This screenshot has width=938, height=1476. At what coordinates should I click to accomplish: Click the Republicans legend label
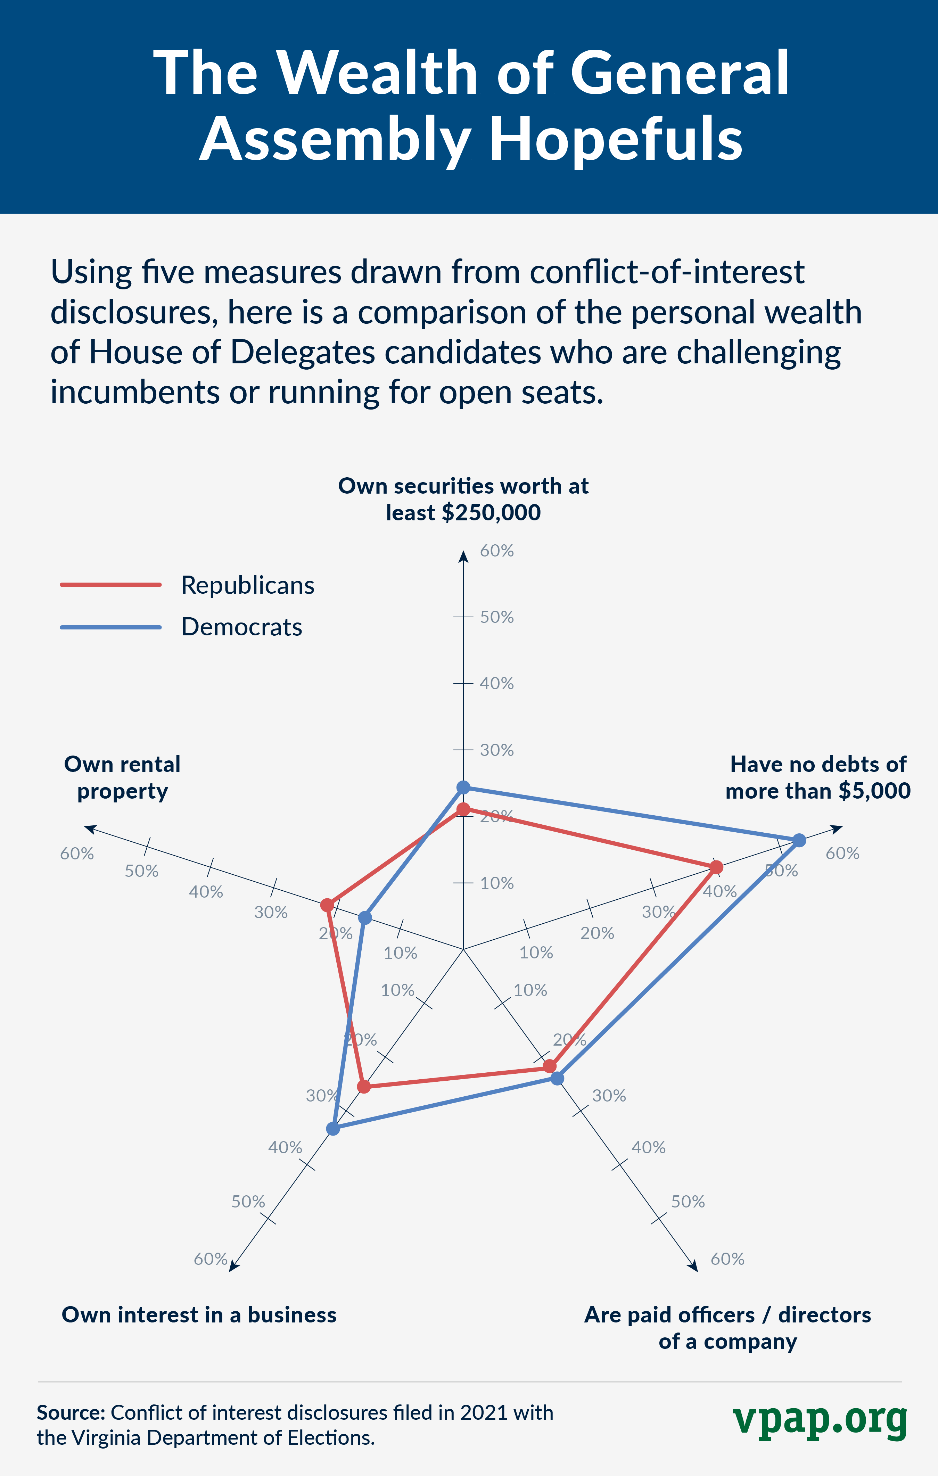(248, 585)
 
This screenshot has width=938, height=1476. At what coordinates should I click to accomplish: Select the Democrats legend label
(241, 627)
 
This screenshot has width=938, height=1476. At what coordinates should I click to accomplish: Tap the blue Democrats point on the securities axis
(463, 787)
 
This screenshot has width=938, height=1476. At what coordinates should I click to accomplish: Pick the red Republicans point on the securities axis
(463, 810)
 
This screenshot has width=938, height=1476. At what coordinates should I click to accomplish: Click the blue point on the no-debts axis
(799, 840)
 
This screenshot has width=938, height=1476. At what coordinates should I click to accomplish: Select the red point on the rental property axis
(327, 905)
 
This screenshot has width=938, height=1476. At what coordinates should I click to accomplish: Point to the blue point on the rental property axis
(365, 918)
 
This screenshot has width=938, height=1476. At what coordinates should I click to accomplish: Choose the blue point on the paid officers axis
(557, 1078)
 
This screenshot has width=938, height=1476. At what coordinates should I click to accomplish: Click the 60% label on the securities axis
(496, 551)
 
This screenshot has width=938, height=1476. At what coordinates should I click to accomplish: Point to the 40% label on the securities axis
(496, 683)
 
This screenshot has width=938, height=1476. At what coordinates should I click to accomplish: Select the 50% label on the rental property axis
(142, 871)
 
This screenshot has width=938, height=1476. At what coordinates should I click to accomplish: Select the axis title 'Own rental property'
(123, 777)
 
